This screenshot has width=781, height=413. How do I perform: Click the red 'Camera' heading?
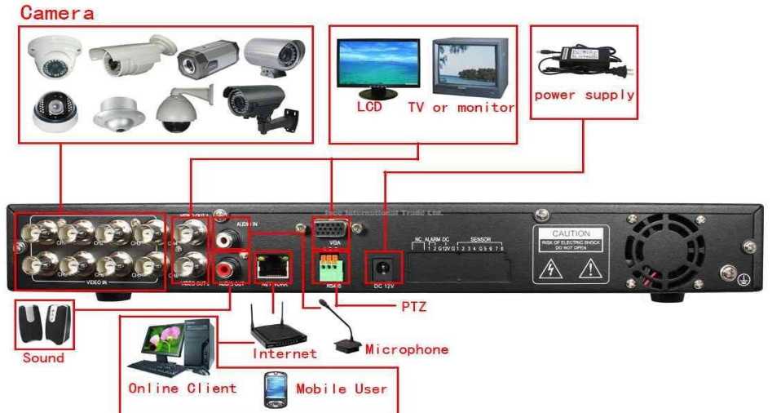pyautogui.click(x=57, y=13)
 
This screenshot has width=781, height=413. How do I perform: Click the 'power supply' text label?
pyautogui.click(x=584, y=95)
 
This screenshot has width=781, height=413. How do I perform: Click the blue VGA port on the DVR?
pyautogui.click(x=330, y=230)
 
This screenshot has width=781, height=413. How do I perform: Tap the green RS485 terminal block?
pyautogui.click(x=330, y=266)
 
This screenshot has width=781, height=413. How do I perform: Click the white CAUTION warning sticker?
pyautogui.click(x=571, y=255)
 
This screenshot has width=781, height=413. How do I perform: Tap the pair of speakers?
pyautogui.click(x=44, y=325)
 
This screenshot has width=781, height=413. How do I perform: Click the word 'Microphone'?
pyautogui.click(x=407, y=349)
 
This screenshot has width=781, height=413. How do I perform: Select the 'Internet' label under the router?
pyautogui.click(x=284, y=353)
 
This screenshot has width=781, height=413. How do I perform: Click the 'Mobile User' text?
pyautogui.click(x=342, y=389)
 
